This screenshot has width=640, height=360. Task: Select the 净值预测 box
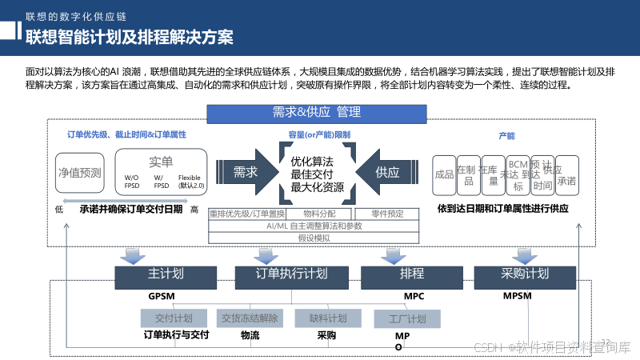coord(80,172)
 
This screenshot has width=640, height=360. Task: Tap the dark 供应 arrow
coord(386,171)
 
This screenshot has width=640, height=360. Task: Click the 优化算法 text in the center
coord(312,161)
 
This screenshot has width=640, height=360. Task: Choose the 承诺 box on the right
coord(566,181)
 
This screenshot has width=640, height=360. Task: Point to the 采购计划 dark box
coord(525,274)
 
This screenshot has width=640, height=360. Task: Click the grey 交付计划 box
coord(174,318)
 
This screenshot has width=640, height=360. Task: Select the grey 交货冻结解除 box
coord(250,318)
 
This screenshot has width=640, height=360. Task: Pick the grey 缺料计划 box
coord(328,318)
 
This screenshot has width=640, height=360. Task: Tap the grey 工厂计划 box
coord(406,319)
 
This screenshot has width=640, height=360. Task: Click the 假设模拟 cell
coord(314,238)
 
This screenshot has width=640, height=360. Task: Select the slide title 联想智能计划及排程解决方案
coord(129,37)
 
